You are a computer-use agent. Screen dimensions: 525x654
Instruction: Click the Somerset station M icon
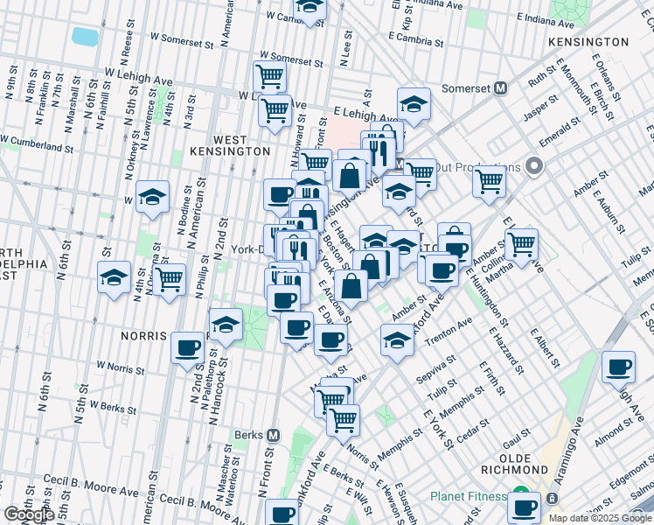click(501, 87)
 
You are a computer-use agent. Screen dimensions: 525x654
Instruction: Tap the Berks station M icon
click(273, 435)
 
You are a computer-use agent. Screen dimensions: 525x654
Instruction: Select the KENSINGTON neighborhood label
click(588, 42)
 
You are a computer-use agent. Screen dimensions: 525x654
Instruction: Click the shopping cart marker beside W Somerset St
click(269, 75)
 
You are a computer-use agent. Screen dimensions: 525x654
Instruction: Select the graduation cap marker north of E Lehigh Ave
click(414, 104)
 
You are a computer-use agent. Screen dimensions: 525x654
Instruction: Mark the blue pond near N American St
click(85, 37)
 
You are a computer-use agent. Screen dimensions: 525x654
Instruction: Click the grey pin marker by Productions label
click(535, 166)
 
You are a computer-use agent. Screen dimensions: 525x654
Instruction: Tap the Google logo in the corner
click(29, 514)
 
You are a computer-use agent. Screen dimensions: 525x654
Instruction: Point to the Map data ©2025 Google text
click(599, 518)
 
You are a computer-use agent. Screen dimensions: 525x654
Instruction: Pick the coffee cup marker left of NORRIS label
click(186, 348)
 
